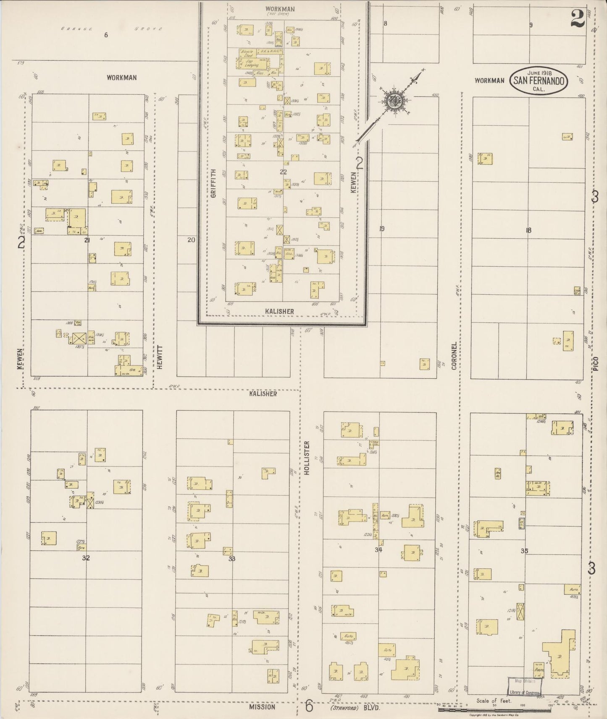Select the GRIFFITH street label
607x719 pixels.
point(213,183)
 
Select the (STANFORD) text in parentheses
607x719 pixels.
point(344,707)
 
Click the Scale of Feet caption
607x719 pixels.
point(494,701)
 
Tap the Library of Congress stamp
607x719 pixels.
point(524,686)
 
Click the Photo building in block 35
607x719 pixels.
point(539,670)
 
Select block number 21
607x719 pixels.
point(87,240)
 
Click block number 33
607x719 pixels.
point(232,558)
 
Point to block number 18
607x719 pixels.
point(528,230)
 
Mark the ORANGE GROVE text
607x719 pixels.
point(111,29)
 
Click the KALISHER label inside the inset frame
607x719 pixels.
point(279,311)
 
